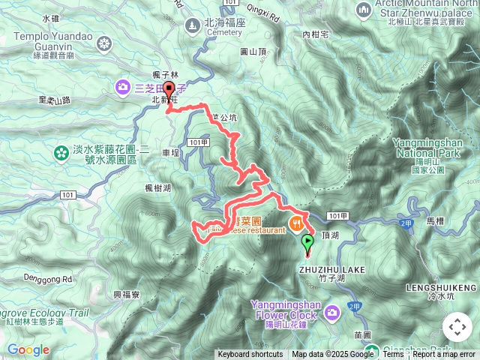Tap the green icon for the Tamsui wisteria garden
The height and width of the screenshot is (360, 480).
[60, 153]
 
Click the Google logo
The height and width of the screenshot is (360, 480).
[28, 350]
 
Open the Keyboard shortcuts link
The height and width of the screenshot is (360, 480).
[250, 355]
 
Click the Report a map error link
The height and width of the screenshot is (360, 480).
[444, 355]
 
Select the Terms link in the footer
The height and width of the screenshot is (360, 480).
[393, 355]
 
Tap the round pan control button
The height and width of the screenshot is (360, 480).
[457, 327]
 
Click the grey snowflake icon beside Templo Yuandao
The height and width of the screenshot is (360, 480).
[103, 43]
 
